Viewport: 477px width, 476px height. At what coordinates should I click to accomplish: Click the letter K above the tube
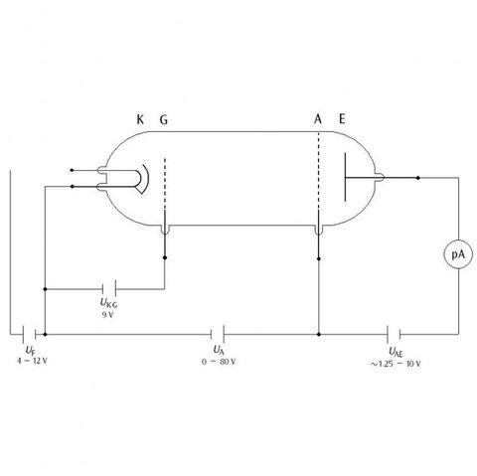coord(140,119)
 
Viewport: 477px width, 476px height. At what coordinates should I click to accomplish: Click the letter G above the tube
coord(164,119)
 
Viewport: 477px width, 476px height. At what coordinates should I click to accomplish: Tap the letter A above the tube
coord(318,119)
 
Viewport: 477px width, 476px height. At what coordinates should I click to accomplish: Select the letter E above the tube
coord(342,119)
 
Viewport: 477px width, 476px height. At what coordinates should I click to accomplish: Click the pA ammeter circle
coord(458,254)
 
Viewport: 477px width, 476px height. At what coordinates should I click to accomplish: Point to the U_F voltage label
coord(30,350)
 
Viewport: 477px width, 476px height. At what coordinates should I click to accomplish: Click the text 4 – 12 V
coord(32,361)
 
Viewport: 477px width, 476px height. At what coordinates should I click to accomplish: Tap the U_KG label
coord(108,303)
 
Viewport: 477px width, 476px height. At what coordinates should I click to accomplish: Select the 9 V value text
coord(107,315)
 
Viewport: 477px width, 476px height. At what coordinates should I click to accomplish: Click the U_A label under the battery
coord(219,350)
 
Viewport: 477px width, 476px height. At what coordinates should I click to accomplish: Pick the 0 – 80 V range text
coord(219,362)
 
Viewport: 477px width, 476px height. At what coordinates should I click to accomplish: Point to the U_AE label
coord(396,352)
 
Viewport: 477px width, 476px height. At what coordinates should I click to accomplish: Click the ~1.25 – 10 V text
coord(396,364)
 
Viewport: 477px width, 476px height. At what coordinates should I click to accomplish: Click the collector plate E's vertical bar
coord(345,177)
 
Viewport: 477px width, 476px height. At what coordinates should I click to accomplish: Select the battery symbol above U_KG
coord(109,288)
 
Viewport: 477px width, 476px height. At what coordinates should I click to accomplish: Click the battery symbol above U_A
coord(218,334)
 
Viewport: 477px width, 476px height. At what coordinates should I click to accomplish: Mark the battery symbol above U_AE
coord(394,334)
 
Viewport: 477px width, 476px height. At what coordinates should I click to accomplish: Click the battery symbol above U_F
coord(29,334)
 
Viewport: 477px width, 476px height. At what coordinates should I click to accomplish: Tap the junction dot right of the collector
coord(418,178)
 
